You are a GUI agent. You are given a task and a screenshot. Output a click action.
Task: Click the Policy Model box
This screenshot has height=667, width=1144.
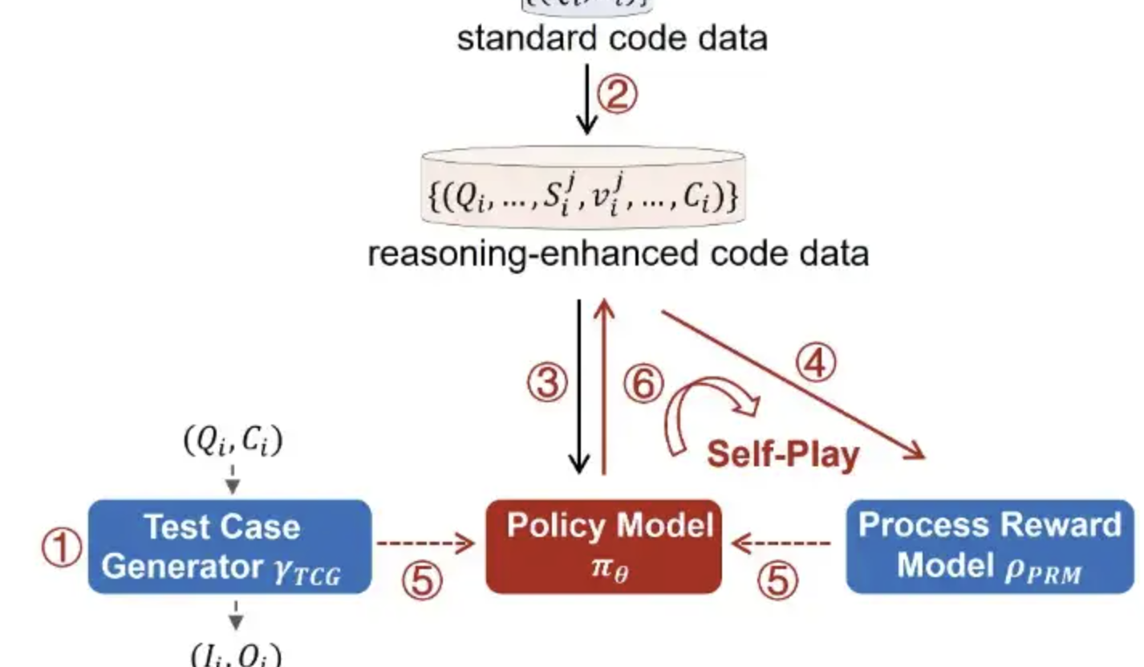pos(603,547)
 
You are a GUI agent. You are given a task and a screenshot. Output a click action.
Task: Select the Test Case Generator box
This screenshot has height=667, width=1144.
pos(229,547)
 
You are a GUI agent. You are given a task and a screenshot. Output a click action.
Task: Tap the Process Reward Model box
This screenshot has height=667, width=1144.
pos(990,546)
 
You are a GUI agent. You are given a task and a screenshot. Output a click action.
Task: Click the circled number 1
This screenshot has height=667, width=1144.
pos(61,549)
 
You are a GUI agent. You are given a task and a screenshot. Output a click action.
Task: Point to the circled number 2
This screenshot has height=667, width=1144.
pos(619,96)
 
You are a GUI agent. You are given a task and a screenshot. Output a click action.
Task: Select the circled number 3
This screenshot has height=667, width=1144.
pos(547,384)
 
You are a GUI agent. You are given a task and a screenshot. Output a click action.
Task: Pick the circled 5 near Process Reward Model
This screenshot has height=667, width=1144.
pos(777,580)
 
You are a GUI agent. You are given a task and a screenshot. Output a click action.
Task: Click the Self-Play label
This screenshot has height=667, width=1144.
pos(782,454)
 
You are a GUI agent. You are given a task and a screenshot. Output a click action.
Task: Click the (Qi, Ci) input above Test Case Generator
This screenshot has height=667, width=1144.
pos(233,442)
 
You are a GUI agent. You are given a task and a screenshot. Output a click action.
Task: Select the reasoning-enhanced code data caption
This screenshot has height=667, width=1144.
pos(618,254)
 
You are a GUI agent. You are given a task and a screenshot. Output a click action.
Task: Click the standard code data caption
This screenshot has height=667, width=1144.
pos(611,38)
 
